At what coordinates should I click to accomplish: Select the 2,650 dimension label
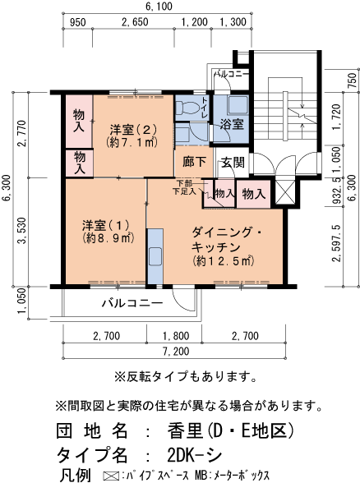pos(134,22)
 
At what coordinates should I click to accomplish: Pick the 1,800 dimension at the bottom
pos(177,335)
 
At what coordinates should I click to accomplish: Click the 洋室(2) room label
pos(134,129)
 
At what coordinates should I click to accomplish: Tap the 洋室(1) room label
pos(106,225)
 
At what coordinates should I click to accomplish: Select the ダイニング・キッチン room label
pos(227,239)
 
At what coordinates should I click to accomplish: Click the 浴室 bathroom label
pos(232,124)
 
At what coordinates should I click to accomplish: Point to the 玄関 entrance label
pos(232,163)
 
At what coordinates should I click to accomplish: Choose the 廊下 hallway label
pos(194,163)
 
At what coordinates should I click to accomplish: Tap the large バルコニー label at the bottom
pos(132,303)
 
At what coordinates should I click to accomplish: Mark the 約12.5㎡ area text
pos(223,261)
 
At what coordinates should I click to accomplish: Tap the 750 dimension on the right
pos(352,80)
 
